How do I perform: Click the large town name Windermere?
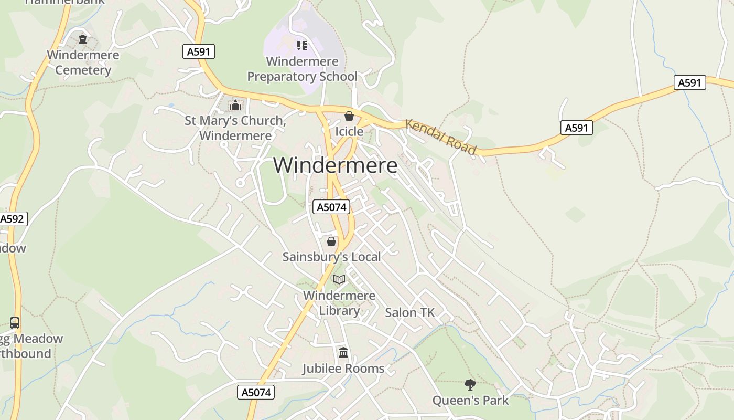point(335,165)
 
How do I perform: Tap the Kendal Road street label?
point(441,137)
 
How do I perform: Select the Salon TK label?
point(409,312)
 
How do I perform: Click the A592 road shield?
point(12,219)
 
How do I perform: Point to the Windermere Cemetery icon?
point(82,39)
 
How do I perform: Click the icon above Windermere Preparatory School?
point(301,46)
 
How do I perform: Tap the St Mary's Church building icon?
point(235,106)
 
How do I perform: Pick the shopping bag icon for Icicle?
point(349,116)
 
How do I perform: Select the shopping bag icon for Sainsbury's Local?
point(331,241)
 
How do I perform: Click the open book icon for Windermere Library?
point(339,280)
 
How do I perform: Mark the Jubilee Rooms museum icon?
point(343,352)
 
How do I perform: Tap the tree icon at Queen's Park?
point(470,385)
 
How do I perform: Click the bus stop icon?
point(15,323)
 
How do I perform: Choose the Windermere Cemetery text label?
point(83,62)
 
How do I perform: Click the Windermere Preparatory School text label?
point(302,69)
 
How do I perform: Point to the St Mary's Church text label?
point(235,128)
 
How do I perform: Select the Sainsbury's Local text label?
point(331,257)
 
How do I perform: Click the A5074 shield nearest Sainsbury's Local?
point(331,207)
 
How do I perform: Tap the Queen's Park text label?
point(470,401)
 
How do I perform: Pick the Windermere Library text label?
point(339,303)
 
